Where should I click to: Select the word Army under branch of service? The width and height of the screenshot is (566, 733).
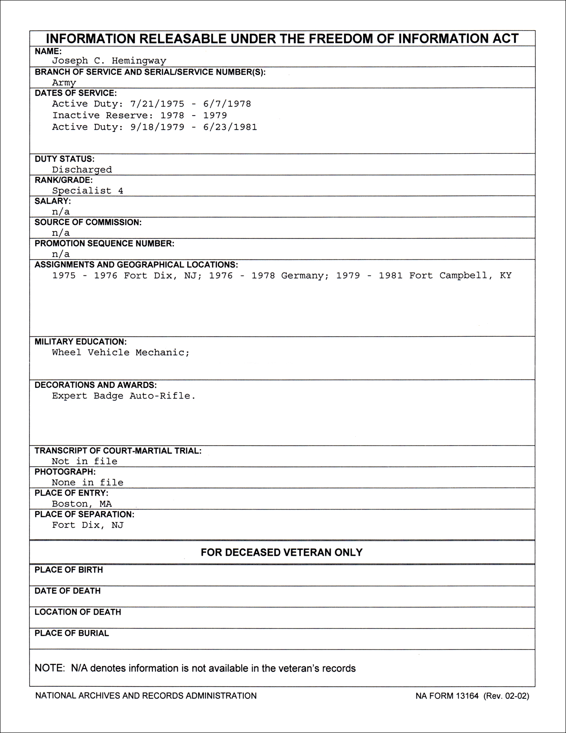point(64,83)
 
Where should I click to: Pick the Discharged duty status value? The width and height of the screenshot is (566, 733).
point(82,170)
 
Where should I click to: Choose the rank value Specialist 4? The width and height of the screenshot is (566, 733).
point(87,191)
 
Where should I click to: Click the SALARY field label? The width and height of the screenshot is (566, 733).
point(53,201)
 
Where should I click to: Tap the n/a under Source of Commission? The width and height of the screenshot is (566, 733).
point(61,233)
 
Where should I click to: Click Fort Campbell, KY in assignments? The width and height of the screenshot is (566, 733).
point(460,275)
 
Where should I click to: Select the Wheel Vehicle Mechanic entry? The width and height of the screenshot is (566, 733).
point(120,353)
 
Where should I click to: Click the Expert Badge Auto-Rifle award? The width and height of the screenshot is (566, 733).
point(123,396)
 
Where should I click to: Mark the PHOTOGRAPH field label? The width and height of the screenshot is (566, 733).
point(65,472)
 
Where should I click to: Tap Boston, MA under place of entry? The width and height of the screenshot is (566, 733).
point(82,504)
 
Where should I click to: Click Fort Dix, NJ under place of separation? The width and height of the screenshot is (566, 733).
point(87,525)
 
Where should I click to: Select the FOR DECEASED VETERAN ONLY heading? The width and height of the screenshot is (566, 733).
point(281,553)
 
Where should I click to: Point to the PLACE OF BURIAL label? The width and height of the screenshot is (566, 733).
point(71,633)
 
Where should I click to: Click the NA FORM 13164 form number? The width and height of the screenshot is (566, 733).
point(447,696)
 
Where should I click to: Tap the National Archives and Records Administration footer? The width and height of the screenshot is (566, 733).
point(146,696)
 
